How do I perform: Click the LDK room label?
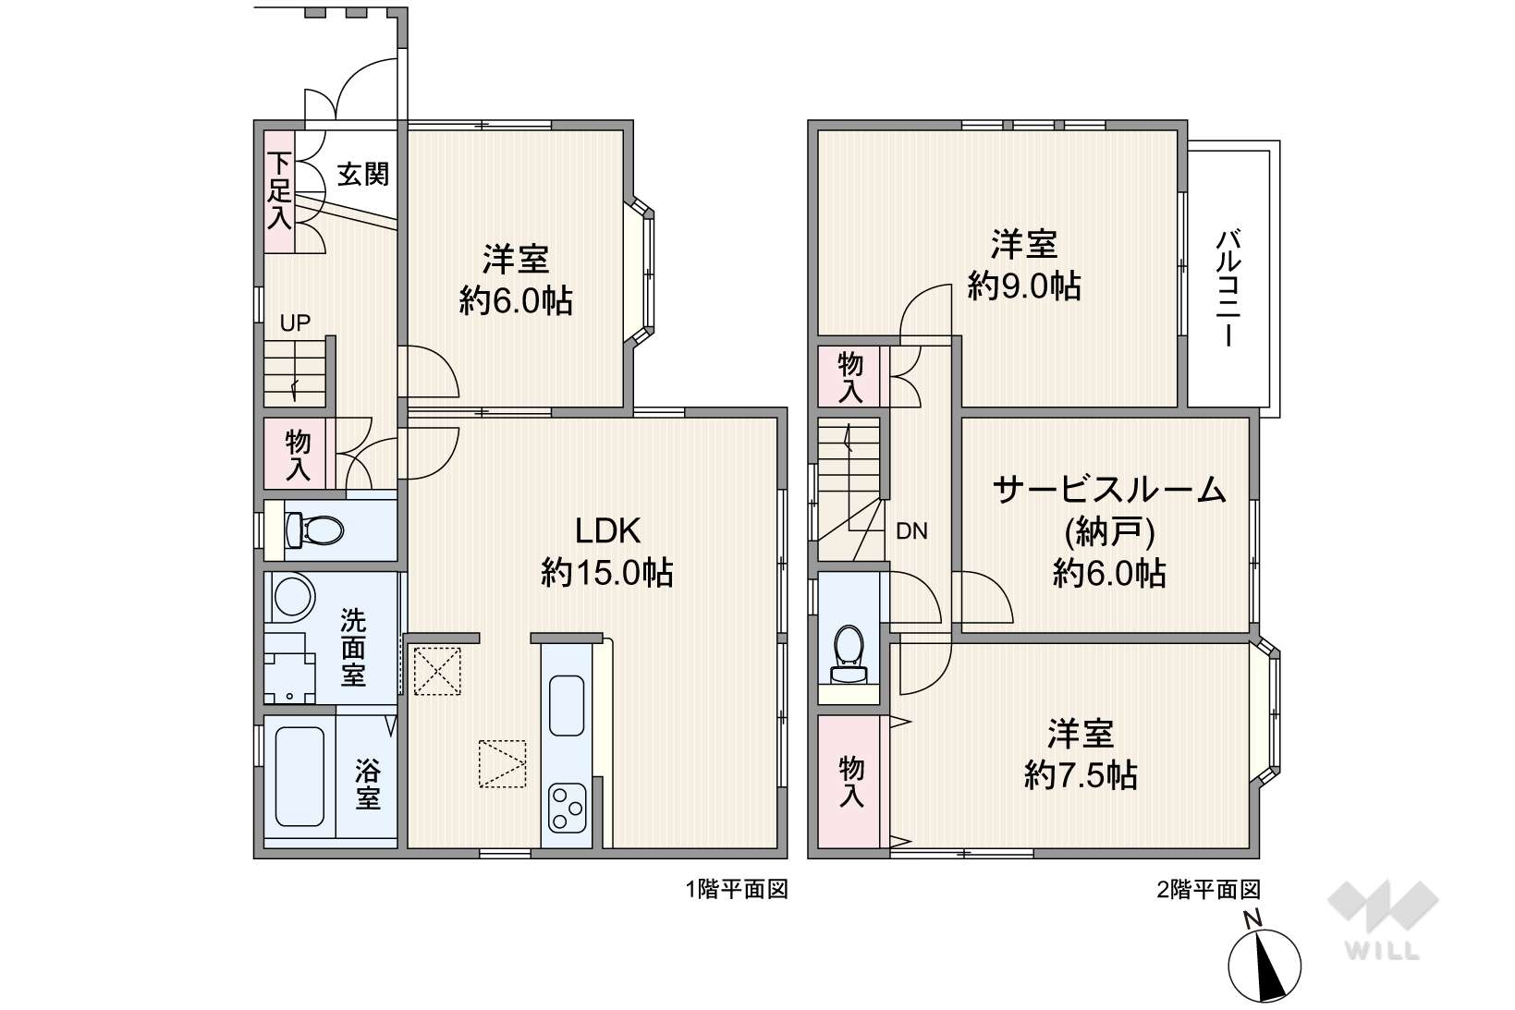[607, 531]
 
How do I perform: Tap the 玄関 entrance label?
[363, 175]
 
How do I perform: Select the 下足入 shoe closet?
[278, 191]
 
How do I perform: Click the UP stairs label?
[296, 323]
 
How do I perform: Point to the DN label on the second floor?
[911, 531]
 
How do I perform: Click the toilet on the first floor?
[314, 530]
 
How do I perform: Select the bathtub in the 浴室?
[299, 777]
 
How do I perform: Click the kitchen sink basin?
[567, 705]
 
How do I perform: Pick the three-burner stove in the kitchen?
[567, 807]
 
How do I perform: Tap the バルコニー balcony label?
[1228, 288]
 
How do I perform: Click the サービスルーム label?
[1109, 490]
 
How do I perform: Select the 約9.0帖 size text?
[1024, 286]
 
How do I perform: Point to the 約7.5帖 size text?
[1081, 775]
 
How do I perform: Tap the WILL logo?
[1383, 920]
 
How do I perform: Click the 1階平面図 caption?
[738, 889]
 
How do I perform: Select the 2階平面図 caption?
[1209, 890]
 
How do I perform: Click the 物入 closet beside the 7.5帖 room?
[850, 782]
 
